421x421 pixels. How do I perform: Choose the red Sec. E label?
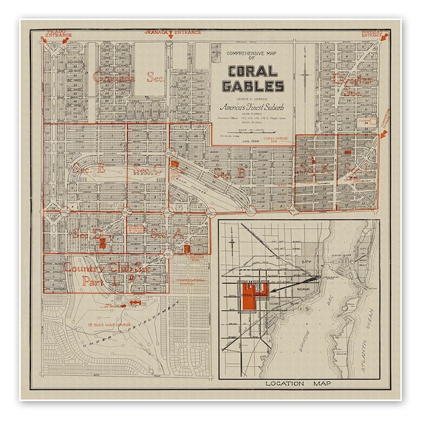pyautogui.click(x=89, y=169)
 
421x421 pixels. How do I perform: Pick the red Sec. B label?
pyautogui.click(x=230, y=173)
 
